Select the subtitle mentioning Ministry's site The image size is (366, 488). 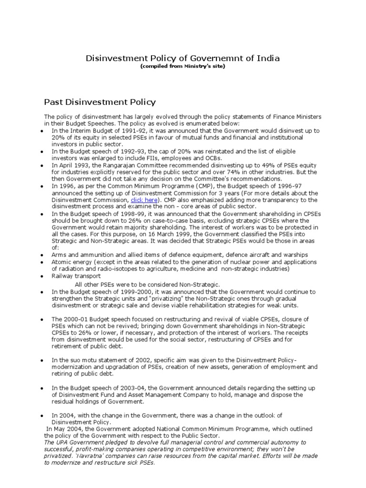click(x=183, y=66)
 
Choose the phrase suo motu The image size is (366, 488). click(x=75, y=360)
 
